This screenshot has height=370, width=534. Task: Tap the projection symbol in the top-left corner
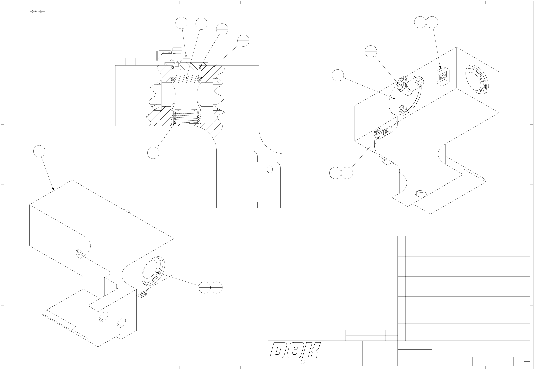click(x=38, y=11)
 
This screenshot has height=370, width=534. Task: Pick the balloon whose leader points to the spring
click(x=153, y=153)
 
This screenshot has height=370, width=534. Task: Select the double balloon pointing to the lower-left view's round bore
click(x=210, y=287)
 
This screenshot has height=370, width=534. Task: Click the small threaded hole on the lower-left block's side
click(x=79, y=254)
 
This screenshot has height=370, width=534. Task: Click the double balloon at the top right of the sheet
click(x=426, y=22)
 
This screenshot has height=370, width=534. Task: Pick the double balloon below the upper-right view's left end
click(x=341, y=173)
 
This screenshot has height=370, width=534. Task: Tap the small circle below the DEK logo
click(x=303, y=362)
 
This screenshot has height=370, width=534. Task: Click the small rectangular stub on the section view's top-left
click(x=130, y=62)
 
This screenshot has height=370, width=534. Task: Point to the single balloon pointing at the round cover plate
click(x=338, y=75)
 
